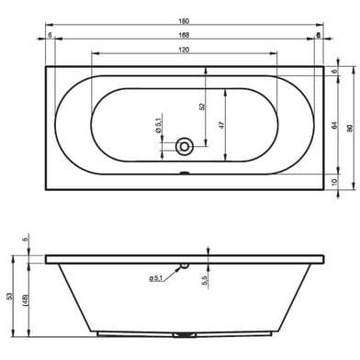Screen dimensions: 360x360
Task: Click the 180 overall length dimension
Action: click(x=184, y=21)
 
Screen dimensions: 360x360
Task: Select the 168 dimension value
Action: click(x=184, y=35)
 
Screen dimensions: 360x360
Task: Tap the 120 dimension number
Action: click(x=184, y=50)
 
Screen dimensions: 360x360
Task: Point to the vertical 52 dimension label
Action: click(x=201, y=107)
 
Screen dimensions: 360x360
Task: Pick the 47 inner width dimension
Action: click(x=221, y=125)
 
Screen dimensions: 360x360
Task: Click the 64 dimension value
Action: click(x=334, y=125)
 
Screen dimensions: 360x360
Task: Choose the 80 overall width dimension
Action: click(x=350, y=129)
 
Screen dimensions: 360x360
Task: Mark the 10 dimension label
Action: click(x=334, y=181)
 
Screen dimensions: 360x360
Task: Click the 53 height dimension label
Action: click(x=10, y=296)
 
